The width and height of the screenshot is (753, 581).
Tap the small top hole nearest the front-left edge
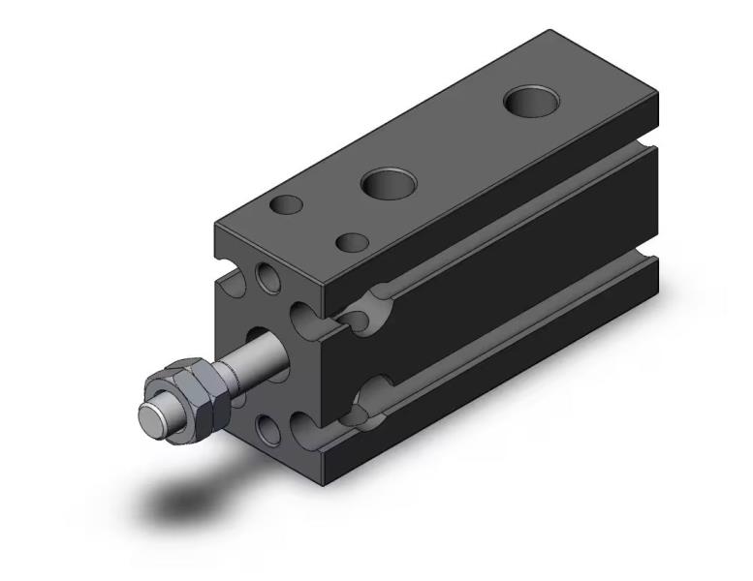(x=287, y=205)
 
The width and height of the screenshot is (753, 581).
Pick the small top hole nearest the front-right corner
(x=352, y=242)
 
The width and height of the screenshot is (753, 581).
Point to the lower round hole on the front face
(x=268, y=427)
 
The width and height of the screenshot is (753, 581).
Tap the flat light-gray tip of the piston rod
(x=152, y=416)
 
